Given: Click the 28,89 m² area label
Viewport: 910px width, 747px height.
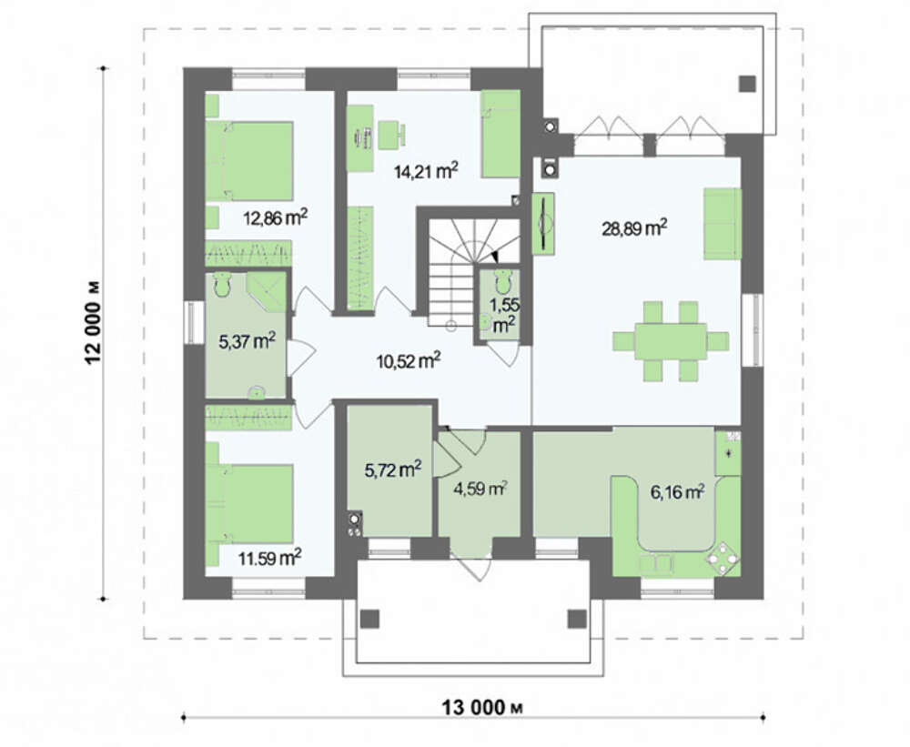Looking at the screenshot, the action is coord(634,227).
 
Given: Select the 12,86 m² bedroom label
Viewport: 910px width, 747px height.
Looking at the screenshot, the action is coord(275,217).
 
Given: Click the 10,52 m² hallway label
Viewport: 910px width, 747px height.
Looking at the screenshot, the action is coord(409,361).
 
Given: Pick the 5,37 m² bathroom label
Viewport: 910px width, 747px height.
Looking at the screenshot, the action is coord(247,341).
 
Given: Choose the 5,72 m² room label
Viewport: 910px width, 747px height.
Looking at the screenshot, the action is coord(393,469).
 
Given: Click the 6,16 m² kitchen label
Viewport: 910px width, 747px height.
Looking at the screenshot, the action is coord(677,493).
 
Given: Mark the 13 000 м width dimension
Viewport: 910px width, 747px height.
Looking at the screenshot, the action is coord(483,708).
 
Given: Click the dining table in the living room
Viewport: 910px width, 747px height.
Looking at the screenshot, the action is coord(671,340).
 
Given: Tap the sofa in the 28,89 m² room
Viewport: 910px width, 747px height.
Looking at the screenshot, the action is coord(723,223).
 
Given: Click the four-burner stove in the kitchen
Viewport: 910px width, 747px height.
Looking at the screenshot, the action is coord(723,559).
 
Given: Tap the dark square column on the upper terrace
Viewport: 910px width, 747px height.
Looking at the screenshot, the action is coord(748,84).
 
